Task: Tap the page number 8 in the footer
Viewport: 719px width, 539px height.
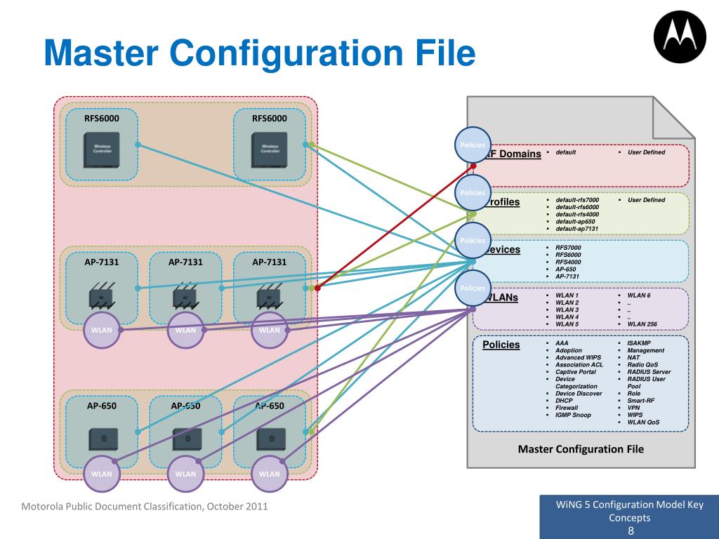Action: pyautogui.click(x=631, y=531)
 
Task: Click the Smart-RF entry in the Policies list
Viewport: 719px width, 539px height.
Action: pyautogui.click(x=642, y=401)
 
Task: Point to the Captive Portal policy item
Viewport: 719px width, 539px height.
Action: pyautogui.click(x=576, y=372)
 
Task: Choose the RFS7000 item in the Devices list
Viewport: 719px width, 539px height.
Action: pyautogui.click(x=568, y=248)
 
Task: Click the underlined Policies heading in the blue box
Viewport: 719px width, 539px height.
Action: pyautogui.click(x=501, y=345)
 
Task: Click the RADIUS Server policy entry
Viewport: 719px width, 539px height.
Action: pyautogui.click(x=649, y=372)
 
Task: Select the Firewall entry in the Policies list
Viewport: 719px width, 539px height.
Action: pyautogui.click(x=567, y=408)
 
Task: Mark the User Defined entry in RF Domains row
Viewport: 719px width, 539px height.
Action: pyautogui.click(x=646, y=152)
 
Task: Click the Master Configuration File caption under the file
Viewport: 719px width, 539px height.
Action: pyautogui.click(x=581, y=449)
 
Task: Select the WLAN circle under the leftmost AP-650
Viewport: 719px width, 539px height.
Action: pyautogui.click(x=102, y=474)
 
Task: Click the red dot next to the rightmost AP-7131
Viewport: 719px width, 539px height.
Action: pyautogui.click(x=317, y=288)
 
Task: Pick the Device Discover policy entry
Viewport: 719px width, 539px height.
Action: pyautogui.click(x=579, y=394)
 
